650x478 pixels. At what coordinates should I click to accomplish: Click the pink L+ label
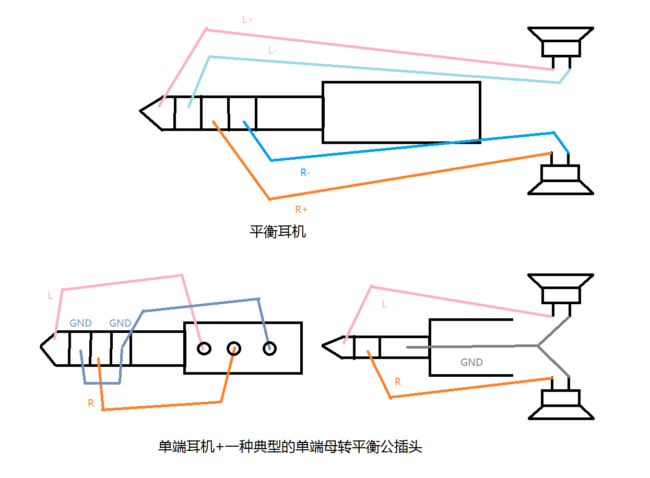tap(247, 20)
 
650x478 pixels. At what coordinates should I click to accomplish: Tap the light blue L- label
tap(273, 51)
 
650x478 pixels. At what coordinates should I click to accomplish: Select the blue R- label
tap(305, 172)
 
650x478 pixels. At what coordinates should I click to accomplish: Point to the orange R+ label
tap(301, 210)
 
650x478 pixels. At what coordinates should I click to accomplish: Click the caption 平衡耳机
tap(278, 231)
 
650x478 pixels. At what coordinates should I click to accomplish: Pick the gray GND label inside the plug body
tap(471, 362)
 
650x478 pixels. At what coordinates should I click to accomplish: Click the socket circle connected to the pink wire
tap(204, 348)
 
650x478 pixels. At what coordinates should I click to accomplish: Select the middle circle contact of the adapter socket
tap(233, 348)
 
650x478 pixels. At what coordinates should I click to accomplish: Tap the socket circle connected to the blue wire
tap(269, 348)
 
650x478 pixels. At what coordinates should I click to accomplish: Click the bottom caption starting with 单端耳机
tap(290, 447)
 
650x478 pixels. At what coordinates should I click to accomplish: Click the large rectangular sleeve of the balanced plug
tap(401, 112)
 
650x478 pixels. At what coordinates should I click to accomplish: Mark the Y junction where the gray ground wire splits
tap(538, 345)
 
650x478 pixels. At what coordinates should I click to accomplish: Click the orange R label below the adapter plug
tap(91, 403)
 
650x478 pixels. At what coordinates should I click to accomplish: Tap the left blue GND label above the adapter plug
tap(80, 324)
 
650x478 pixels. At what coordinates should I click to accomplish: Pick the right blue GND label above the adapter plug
tap(120, 324)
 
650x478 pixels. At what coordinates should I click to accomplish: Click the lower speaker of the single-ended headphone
tap(561, 404)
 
